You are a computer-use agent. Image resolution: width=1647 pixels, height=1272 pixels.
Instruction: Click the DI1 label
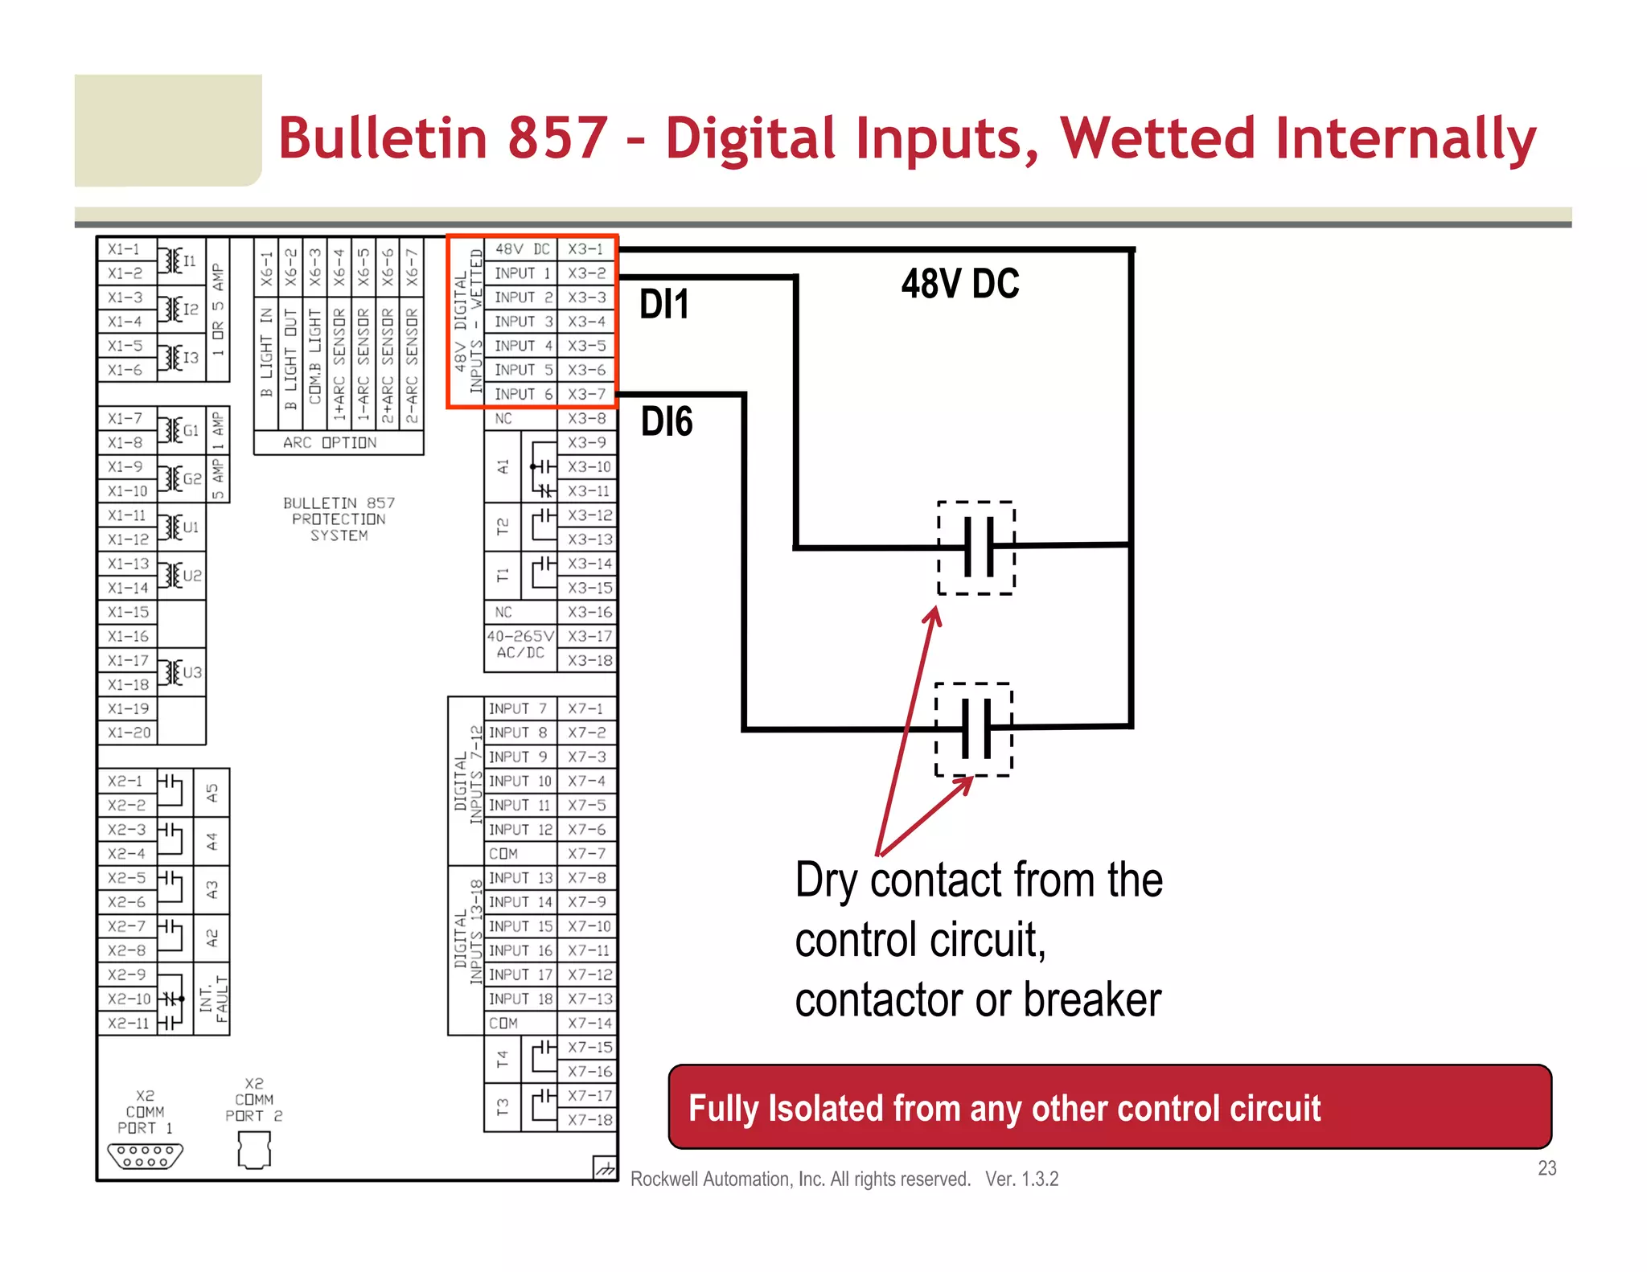[x=664, y=305]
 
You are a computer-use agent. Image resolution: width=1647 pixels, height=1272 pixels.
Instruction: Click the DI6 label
[x=667, y=422]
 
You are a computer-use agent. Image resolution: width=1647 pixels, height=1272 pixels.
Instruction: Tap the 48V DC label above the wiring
[x=960, y=284]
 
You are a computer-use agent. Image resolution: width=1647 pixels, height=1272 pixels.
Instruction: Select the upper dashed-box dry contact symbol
[x=976, y=548]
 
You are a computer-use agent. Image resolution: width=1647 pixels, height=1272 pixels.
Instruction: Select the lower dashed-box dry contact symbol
[x=974, y=729]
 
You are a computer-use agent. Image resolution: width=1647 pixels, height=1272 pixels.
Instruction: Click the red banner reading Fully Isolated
[x=1109, y=1107]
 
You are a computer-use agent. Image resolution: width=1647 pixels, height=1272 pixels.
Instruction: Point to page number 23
[x=1546, y=1168]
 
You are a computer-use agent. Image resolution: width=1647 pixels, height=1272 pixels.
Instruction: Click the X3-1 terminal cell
[x=586, y=249]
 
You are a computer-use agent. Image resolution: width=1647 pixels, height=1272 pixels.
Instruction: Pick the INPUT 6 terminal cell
[x=524, y=394]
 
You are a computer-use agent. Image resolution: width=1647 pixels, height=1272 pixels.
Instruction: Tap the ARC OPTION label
[x=330, y=443]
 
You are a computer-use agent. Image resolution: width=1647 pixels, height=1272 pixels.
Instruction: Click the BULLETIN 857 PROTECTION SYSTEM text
[x=339, y=519]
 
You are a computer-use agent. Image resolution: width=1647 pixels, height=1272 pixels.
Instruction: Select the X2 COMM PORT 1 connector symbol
[x=146, y=1156]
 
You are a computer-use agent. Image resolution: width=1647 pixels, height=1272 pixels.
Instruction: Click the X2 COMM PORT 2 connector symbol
[x=254, y=1150]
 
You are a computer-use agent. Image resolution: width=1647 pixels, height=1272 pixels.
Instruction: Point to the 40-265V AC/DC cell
[x=520, y=645]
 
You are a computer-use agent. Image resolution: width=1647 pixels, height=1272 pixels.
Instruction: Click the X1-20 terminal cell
[x=129, y=732]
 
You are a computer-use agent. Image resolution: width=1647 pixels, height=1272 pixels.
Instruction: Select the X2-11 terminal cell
[x=129, y=1023]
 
